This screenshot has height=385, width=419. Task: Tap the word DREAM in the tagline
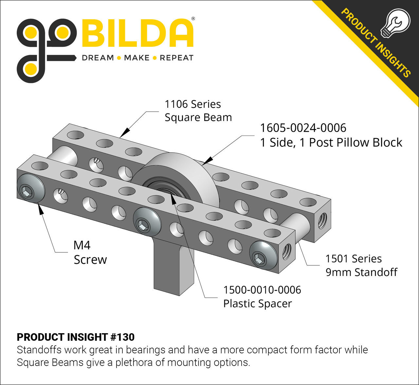98,58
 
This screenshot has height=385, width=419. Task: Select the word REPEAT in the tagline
176,58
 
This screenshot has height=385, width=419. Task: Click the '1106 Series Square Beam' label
198,111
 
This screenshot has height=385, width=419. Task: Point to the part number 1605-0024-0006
303,128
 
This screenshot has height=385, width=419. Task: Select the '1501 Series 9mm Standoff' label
361,265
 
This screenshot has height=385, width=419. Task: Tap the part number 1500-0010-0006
262,290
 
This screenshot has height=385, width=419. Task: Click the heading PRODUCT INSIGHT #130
76,337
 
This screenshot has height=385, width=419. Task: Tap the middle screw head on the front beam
146,221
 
